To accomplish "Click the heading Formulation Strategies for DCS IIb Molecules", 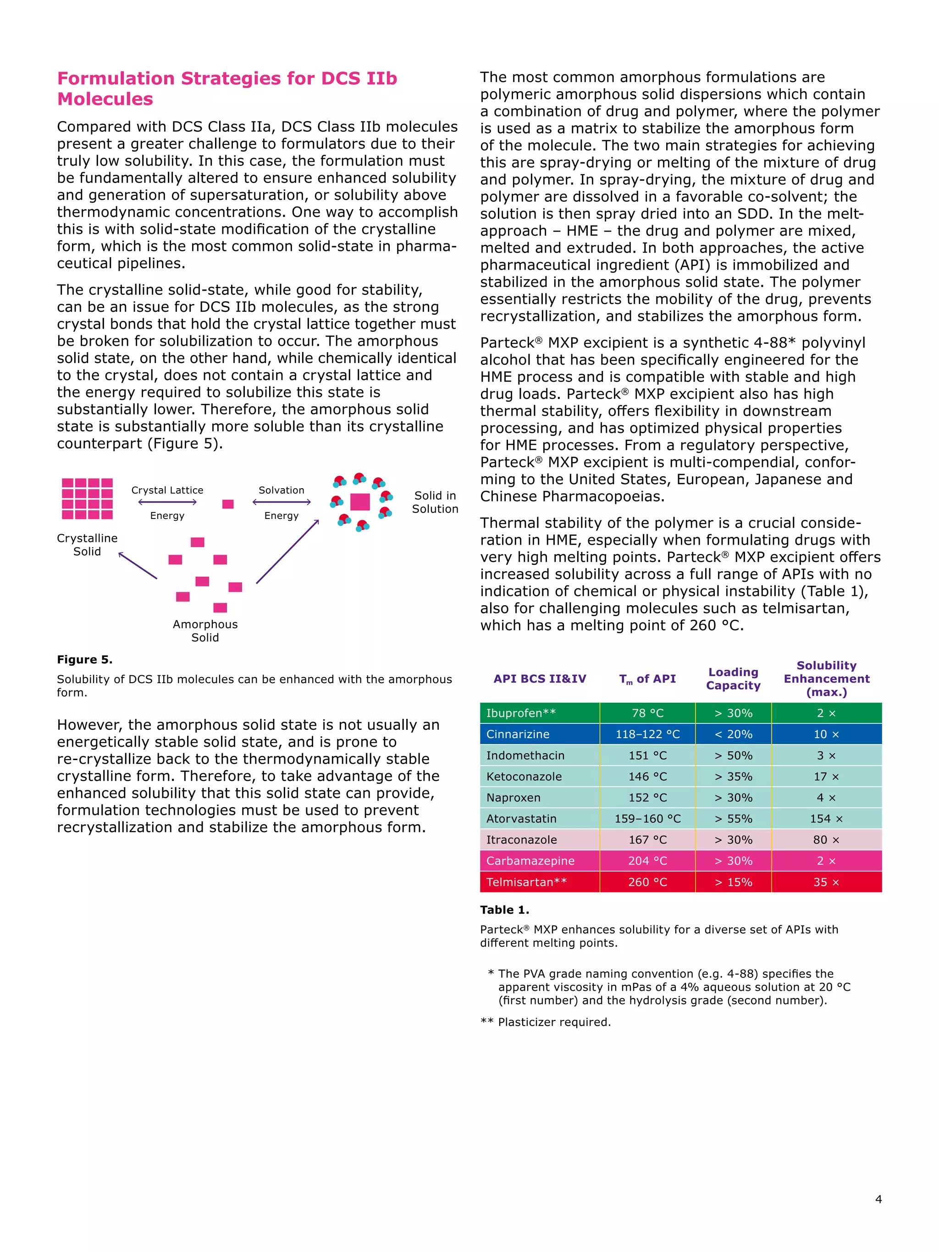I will tap(226, 88).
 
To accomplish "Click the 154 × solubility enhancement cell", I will tap(826, 818).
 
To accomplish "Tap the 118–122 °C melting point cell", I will tap(647, 734).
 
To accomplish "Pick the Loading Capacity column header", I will tap(733, 678).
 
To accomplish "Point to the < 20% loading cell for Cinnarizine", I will tap(733, 734).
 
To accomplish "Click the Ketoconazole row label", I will tap(524, 777).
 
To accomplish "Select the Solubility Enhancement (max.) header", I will tap(826, 678).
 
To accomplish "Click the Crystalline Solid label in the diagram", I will tap(87, 545).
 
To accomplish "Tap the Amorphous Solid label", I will tap(205, 630).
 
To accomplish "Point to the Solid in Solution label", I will tap(435, 502).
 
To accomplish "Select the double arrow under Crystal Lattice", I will tap(167, 502).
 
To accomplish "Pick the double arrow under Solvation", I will tap(282, 502).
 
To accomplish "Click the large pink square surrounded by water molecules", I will tap(360, 502).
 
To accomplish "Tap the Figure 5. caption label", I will tap(85, 659).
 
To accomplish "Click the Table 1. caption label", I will tap(504, 910).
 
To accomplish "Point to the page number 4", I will tap(878, 1199).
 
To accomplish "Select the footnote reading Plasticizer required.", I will tap(553, 1022).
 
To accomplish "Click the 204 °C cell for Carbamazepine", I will tap(647, 861).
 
